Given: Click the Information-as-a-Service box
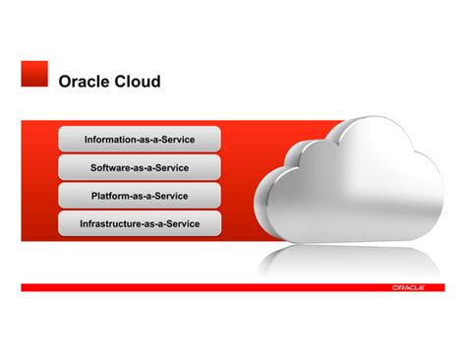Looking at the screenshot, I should tap(140, 139).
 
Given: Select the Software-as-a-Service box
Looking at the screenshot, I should tap(140, 167).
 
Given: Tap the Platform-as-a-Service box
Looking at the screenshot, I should tap(140, 196).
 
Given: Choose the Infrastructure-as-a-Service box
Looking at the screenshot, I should tap(140, 224).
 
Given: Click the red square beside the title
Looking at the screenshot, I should tap(34, 74).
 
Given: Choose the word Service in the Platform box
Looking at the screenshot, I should tap(170, 197).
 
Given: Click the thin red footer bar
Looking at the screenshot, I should tap(197, 287).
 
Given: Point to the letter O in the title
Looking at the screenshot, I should tap(66, 82).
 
